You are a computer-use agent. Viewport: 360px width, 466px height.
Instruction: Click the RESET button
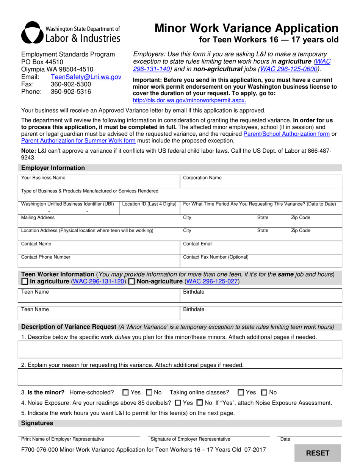coord(318,453)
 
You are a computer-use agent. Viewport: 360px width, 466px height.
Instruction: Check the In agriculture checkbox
coord(25,281)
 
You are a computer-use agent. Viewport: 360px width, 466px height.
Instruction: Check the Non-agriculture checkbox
coord(131,281)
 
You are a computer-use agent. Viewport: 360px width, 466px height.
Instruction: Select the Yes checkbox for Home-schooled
coord(126,393)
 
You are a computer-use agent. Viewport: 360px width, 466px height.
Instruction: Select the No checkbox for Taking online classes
coord(265,393)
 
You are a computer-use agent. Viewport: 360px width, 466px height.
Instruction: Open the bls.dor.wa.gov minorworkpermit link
coord(189,100)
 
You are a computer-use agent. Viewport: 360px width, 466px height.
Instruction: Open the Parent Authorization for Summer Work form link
coord(78,141)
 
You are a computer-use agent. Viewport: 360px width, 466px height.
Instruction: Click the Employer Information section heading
coord(53,168)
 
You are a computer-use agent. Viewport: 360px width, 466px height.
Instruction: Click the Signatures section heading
coord(37,423)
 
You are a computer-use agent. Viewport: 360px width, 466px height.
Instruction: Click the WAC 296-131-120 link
coord(99,281)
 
